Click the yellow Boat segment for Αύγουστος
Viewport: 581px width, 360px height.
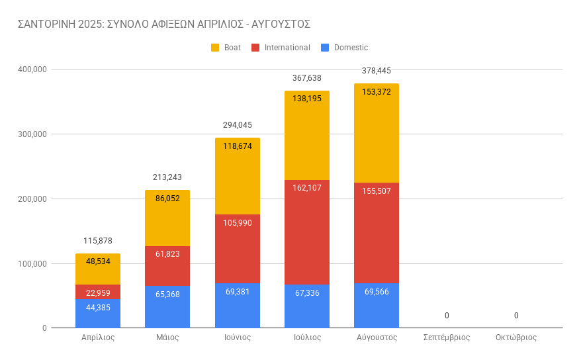click(x=376, y=132)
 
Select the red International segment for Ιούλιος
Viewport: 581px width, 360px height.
click(x=306, y=232)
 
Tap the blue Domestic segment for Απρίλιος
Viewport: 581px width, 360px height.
click(x=97, y=314)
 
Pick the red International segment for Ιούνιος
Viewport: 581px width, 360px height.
click(x=237, y=248)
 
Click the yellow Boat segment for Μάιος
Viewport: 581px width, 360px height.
click(x=167, y=218)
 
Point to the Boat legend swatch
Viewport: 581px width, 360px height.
click(x=214, y=48)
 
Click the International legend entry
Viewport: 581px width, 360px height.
click(x=287, y=48)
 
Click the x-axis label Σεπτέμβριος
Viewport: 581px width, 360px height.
click(x=447, y=337)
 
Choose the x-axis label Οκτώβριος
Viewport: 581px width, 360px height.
click(x=516, y=337)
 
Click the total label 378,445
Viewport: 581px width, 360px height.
click(x=377, y=71)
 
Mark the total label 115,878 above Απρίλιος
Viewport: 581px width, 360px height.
click(x=98, y=241)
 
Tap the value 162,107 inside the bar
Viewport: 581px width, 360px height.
click(x=307, y=187)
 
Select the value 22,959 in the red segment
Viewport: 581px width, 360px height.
click(x=98, y=292)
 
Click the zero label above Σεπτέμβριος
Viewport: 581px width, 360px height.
click(x=447, y=316)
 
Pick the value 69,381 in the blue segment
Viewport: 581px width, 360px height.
click(x=237, y=292)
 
